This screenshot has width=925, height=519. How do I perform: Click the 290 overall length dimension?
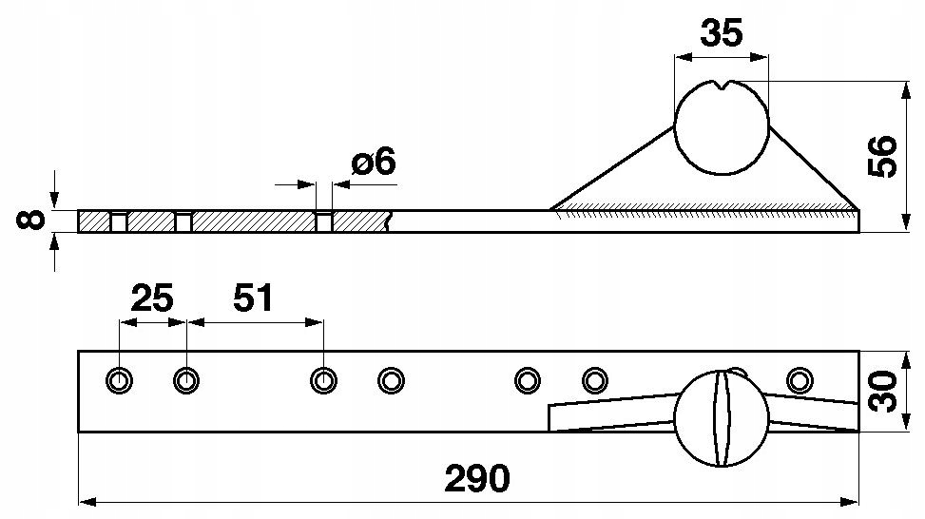point(477,478)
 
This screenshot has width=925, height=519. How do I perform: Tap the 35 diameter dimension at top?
point(721,33)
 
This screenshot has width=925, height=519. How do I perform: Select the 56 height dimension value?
point(883,155)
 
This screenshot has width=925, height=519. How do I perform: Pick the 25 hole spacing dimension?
point(152,298)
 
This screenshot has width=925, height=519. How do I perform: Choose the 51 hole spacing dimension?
point(253,298)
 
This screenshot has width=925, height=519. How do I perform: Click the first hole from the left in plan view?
point(120,381)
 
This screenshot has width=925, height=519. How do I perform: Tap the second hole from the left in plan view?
point(186,381)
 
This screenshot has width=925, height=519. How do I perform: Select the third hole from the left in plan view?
point(324,381)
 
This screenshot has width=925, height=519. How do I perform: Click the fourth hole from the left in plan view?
point(392,381)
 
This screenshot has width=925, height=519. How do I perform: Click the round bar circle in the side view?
point(721,133)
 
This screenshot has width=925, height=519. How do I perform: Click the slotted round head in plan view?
point(721,418)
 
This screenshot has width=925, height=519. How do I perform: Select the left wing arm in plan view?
point(608,414)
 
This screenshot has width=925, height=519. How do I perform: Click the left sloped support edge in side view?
point(613,169)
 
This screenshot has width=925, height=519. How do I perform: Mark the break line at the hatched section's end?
point(390,221)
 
